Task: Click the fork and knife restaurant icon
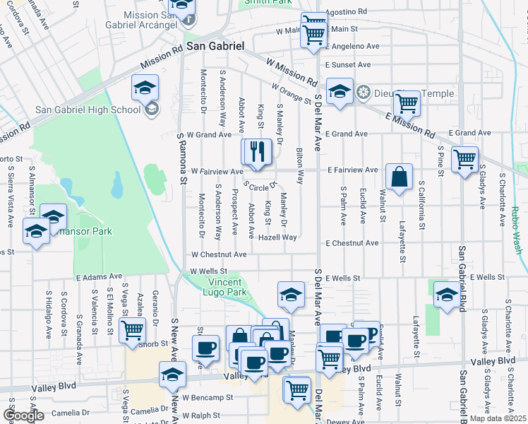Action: point(257,151)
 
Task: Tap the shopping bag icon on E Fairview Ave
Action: point(399,177)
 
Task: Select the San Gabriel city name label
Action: point(215,45)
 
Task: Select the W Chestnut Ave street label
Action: point(219,254)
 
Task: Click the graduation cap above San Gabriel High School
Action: point(145,88)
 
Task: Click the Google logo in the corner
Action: point(23,416)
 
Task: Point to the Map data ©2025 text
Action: point(498,418)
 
